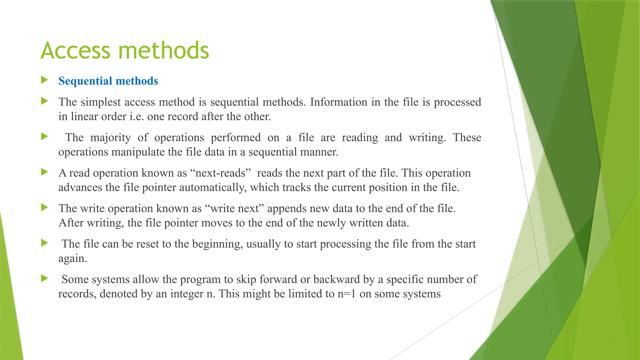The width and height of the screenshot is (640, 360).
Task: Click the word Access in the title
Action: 75,50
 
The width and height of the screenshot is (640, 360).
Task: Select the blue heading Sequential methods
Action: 108,81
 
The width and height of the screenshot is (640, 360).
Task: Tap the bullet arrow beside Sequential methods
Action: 44,80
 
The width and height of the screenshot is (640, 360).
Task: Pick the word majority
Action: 110,137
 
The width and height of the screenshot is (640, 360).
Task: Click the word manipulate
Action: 138,152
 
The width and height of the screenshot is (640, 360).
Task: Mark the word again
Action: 72,259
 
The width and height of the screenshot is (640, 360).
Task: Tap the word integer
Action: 187,294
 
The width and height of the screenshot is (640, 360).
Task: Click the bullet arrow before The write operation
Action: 44,207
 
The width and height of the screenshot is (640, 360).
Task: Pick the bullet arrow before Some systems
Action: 44,278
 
